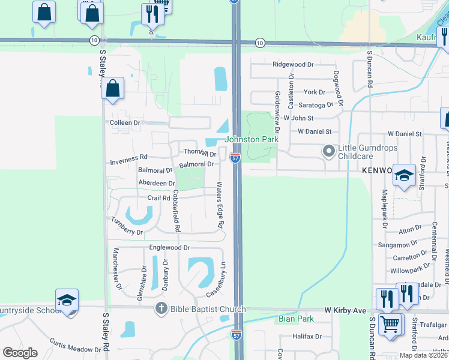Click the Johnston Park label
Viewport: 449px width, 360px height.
click(252, 139)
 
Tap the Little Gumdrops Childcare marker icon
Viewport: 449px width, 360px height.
click(328, 151)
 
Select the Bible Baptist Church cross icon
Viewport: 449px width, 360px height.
click(160, 309)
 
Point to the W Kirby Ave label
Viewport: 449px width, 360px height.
click(345, 310)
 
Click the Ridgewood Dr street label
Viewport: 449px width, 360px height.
click(293, 64)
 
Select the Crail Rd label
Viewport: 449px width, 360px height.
click(159, 198)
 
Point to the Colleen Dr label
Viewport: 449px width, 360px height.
click(125, 122)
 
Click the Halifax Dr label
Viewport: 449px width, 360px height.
click(308, 337)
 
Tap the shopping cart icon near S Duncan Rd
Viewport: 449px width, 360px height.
click(391, 325)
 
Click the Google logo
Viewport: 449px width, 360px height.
click(20, 353)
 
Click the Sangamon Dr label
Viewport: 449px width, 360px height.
click(397, 245)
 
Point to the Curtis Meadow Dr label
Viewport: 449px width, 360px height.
click(75, 345)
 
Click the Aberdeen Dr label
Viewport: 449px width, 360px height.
click(157, 183)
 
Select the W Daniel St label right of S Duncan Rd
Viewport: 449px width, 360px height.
click(405, 133)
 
